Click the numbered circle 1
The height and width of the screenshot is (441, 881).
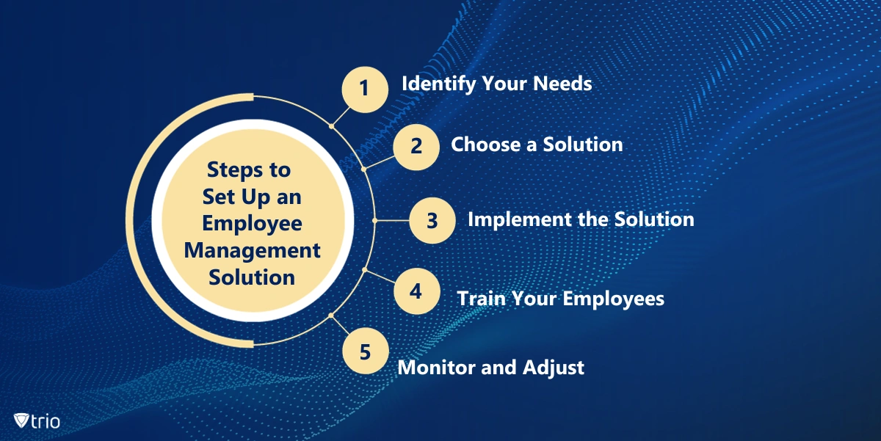click(365, 90)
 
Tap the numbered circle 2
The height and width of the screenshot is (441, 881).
click(416, 147)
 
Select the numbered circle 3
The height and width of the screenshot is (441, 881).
click(432, 220)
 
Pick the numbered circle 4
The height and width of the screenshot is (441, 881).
click(417, 291)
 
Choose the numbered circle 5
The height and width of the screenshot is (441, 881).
click(366, 351)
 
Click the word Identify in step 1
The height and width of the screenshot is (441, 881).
click(438, 84)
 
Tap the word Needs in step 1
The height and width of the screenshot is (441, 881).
click(562, 84)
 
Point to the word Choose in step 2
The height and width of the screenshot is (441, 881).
click(486, 145)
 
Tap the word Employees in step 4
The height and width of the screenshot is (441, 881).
click(614, 299)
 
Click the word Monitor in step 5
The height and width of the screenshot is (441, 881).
click(437, 368)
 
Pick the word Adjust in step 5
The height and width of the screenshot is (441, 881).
click(554, 368)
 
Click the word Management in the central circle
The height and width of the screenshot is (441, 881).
click(252, 251)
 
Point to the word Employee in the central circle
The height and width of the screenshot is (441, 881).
click(252, 224)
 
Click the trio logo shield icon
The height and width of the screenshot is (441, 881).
click(21, 420)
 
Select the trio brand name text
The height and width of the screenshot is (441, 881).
click(46, 421)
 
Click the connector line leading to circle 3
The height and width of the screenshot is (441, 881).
click(392, 220)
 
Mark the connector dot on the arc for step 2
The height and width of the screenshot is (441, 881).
click(364, 169)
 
